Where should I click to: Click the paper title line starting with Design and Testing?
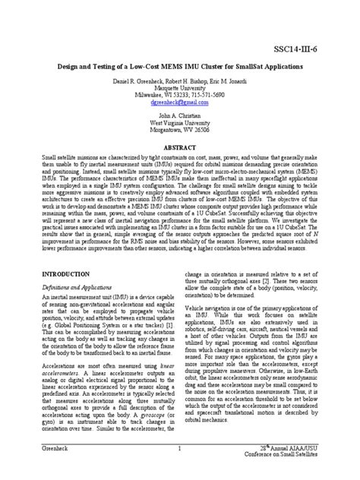[x=180, y=67]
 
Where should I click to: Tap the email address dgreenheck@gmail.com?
[x=179, y=102]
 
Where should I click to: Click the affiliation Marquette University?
[x=180, y=87]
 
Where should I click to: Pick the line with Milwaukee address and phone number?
[x=180, y=94]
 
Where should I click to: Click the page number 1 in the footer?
[x=178, y=449]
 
